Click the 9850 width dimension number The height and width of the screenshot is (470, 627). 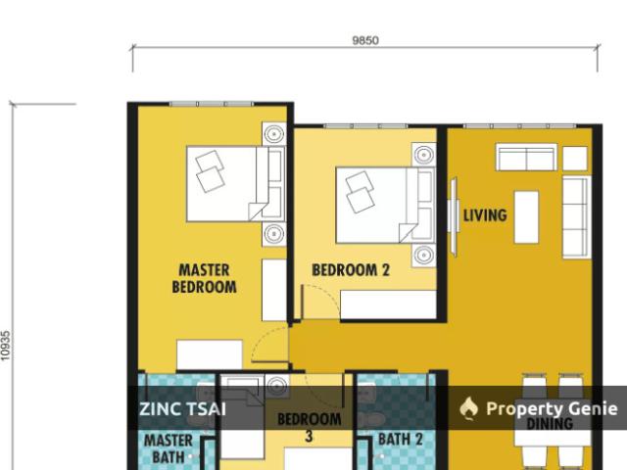[365, 41]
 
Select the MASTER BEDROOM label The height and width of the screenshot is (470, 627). [204, 279]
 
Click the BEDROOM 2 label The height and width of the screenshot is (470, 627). [350, 270]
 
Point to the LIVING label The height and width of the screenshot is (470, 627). [485, 215]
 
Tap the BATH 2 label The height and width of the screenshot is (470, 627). [400, 440]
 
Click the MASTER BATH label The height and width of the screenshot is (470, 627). [168, 447]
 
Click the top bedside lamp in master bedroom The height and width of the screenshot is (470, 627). [273, 134]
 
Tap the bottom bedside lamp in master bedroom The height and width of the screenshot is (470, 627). [273, 234]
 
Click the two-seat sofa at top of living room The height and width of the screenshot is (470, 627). [527, 158]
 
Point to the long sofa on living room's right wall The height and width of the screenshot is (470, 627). [575, 217]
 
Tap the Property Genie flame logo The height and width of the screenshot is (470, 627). [468, 408]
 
